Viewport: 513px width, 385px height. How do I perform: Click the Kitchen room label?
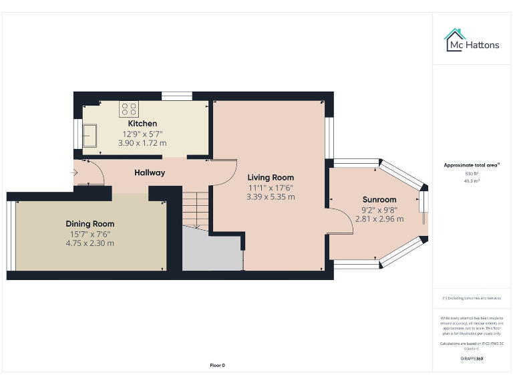point(142,124)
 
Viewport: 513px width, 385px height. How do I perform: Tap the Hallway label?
point(150,172)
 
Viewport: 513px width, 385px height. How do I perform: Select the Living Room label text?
point(271,178)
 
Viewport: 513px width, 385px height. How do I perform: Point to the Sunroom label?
point(379,199)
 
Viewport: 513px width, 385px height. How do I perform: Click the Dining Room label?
point(90,224)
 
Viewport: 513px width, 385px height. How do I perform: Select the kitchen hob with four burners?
point(128,109)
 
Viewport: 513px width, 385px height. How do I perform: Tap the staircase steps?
point(196,208)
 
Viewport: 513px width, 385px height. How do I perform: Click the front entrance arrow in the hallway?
point(74,173)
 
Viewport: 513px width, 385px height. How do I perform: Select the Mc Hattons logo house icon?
point(456,39)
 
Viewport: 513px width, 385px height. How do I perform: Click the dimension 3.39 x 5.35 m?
point(271,197)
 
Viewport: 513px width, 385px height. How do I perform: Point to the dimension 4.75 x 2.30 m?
point(90,243)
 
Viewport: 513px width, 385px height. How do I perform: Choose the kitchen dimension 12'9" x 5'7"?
point(142,134)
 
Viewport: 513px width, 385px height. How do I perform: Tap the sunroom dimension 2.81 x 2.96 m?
point(379,219)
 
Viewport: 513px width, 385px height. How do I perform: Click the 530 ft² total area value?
point(472,174)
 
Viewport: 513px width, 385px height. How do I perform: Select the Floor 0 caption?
point(218,366)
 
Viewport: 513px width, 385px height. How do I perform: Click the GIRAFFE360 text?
point(472,359)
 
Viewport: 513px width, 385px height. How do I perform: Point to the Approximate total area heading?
point(472,164)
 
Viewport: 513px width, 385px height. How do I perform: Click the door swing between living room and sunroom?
point(341,222)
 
